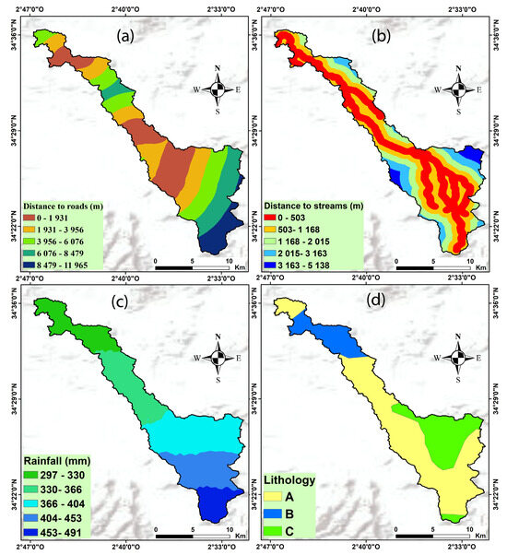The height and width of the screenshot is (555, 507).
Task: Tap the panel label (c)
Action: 149,305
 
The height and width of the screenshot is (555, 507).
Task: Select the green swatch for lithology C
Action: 277,532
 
